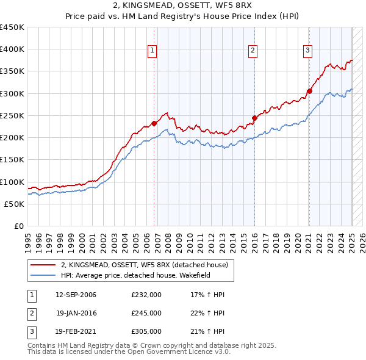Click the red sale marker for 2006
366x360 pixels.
click(154, 123)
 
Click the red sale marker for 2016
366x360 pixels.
click(254, 118)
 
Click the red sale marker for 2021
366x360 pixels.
click(309, 92)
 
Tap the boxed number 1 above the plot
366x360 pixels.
click(151, 51)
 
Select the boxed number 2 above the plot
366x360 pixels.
click(252, 51)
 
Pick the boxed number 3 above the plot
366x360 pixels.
click(308, 51)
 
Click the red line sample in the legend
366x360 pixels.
click(43, 265)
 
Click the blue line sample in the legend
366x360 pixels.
click(43, 275)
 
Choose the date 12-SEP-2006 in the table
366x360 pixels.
click(76, 295)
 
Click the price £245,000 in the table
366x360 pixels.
click(146, 313)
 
